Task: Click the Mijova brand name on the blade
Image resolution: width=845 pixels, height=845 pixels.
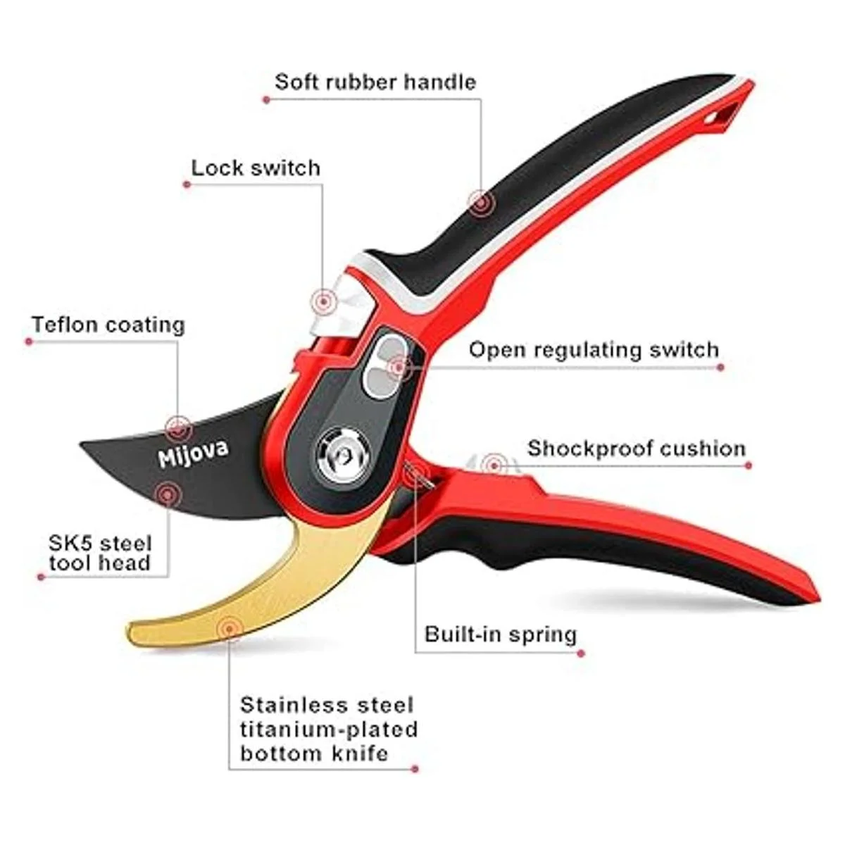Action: coord(194,454)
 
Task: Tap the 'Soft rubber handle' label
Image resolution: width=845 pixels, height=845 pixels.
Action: coord(375,82)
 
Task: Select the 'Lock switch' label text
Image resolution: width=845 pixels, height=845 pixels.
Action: coord(256,168)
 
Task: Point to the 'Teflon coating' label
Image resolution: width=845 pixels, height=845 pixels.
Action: coord(108,325)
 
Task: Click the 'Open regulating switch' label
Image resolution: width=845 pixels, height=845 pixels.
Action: coord(594,350)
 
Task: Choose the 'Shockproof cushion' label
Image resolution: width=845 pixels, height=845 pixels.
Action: coord(637,449)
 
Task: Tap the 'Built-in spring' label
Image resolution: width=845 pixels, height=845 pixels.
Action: coord(501,634)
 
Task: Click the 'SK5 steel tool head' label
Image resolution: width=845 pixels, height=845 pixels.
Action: coord(100,553)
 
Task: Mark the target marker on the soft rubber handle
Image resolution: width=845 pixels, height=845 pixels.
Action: coord(481,203)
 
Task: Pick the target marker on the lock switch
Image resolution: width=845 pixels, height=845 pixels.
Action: coord(323,301)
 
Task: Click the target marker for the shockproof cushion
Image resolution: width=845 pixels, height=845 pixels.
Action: coord(494,465)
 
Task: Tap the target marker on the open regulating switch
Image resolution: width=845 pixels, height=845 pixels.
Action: coord(399,368)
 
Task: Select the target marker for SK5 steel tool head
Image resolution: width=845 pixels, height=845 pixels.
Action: coord(168,494)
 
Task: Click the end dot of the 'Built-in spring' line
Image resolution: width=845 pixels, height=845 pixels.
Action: coord(581,653)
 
